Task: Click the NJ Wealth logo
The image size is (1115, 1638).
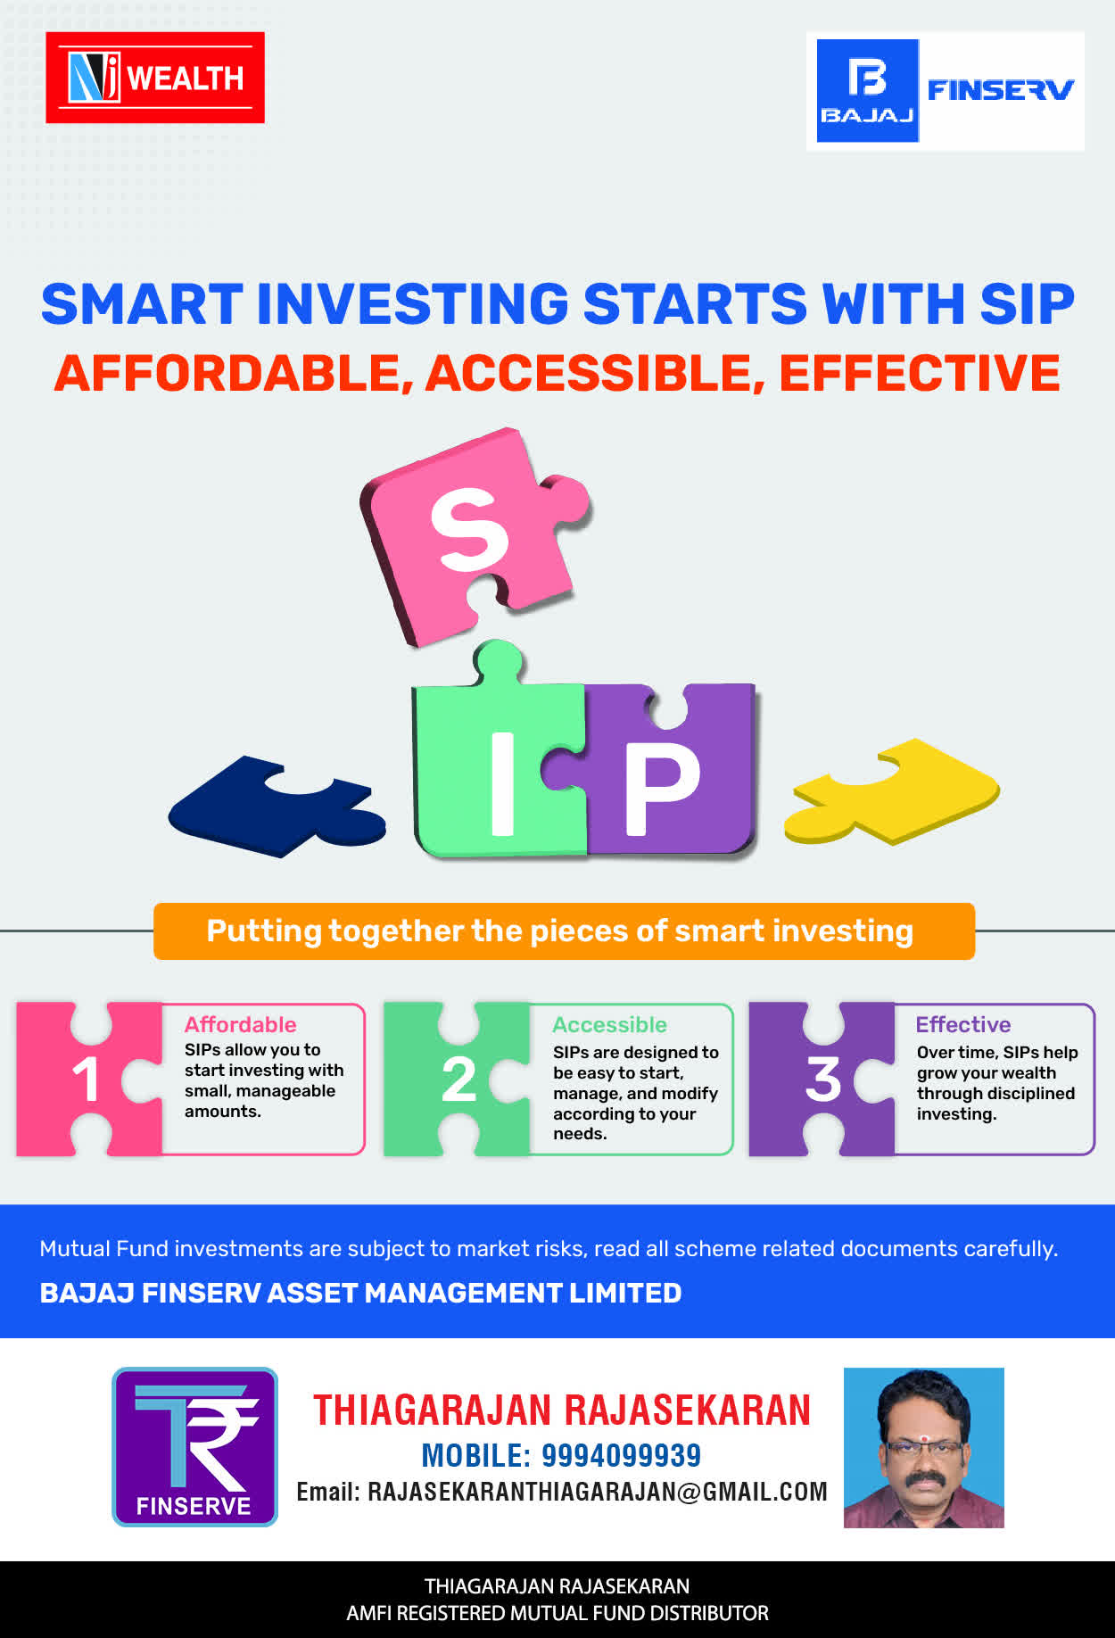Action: tap(155, 78)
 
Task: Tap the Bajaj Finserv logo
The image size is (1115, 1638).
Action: tap(946, 91)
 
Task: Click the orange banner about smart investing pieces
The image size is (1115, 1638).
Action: tap(564, 931)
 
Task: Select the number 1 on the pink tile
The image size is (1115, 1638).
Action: tap(86, 1080)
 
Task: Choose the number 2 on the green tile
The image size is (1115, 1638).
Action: tap(458, 1080)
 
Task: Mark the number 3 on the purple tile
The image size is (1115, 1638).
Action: tap(822, 1080)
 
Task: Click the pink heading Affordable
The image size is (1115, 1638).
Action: tap(240, 1024)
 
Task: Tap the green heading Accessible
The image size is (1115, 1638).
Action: tap(609, 1024)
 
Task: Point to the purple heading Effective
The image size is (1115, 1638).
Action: tap(963, 1024)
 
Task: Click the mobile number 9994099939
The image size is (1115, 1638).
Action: tap(621, 1455)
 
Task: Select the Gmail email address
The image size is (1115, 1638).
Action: tap(598, 1492)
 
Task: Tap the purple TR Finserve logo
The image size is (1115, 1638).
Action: tap(194, 1446)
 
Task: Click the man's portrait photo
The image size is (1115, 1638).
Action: tap(924, 1447)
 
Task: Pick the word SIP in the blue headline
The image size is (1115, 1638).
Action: tap(1027, 303)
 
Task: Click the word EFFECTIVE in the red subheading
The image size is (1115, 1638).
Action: tap(920, 373)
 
